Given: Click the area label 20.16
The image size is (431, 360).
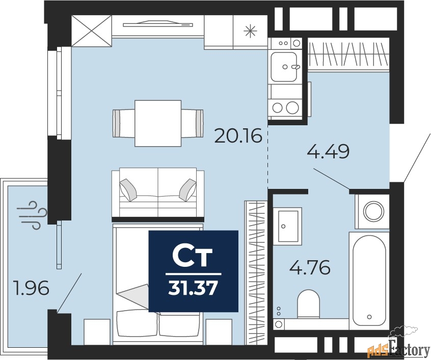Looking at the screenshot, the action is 238,136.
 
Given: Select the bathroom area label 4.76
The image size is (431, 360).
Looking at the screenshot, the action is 310,267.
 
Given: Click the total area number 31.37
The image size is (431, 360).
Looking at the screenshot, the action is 193,289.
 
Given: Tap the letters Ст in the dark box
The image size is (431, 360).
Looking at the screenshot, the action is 193,257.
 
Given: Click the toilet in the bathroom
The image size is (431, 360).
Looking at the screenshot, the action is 309,304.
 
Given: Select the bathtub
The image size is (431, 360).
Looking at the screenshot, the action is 369,281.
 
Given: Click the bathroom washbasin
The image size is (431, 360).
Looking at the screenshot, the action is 288,227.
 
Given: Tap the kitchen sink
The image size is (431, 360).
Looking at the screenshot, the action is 284,67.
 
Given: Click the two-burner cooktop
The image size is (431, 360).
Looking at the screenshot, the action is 285,107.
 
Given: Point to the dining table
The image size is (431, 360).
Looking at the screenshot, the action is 158,123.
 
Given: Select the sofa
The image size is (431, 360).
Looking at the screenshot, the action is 158,193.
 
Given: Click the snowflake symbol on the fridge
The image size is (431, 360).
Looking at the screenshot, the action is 250,31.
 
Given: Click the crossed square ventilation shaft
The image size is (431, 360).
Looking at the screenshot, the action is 92,31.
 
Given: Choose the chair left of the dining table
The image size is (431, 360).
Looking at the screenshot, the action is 124,123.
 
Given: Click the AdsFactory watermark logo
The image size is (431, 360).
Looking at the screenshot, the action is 398,348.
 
